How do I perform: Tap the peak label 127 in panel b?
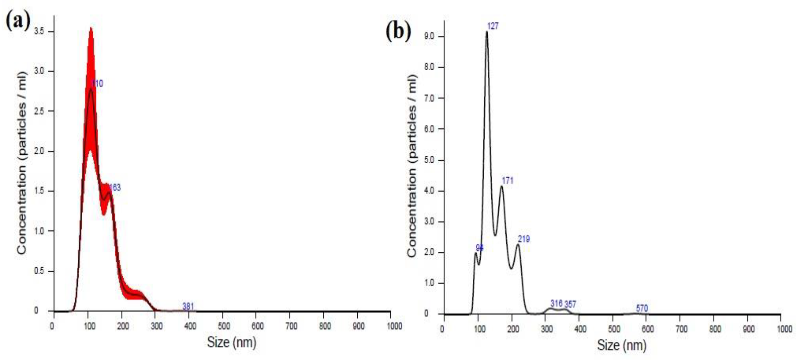click(493, 26)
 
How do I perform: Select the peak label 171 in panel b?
click(507, 180)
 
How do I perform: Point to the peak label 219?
click(524, 239)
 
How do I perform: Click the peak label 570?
click(642, 308)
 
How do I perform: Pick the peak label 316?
click(556, 303)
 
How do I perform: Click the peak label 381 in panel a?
click(188, 306)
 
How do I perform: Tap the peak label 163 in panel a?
click(115, 187)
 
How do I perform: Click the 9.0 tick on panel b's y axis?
click(429, 37)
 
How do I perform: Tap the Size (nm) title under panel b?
click(622, 345)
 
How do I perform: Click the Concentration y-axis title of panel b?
click(412, 166)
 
